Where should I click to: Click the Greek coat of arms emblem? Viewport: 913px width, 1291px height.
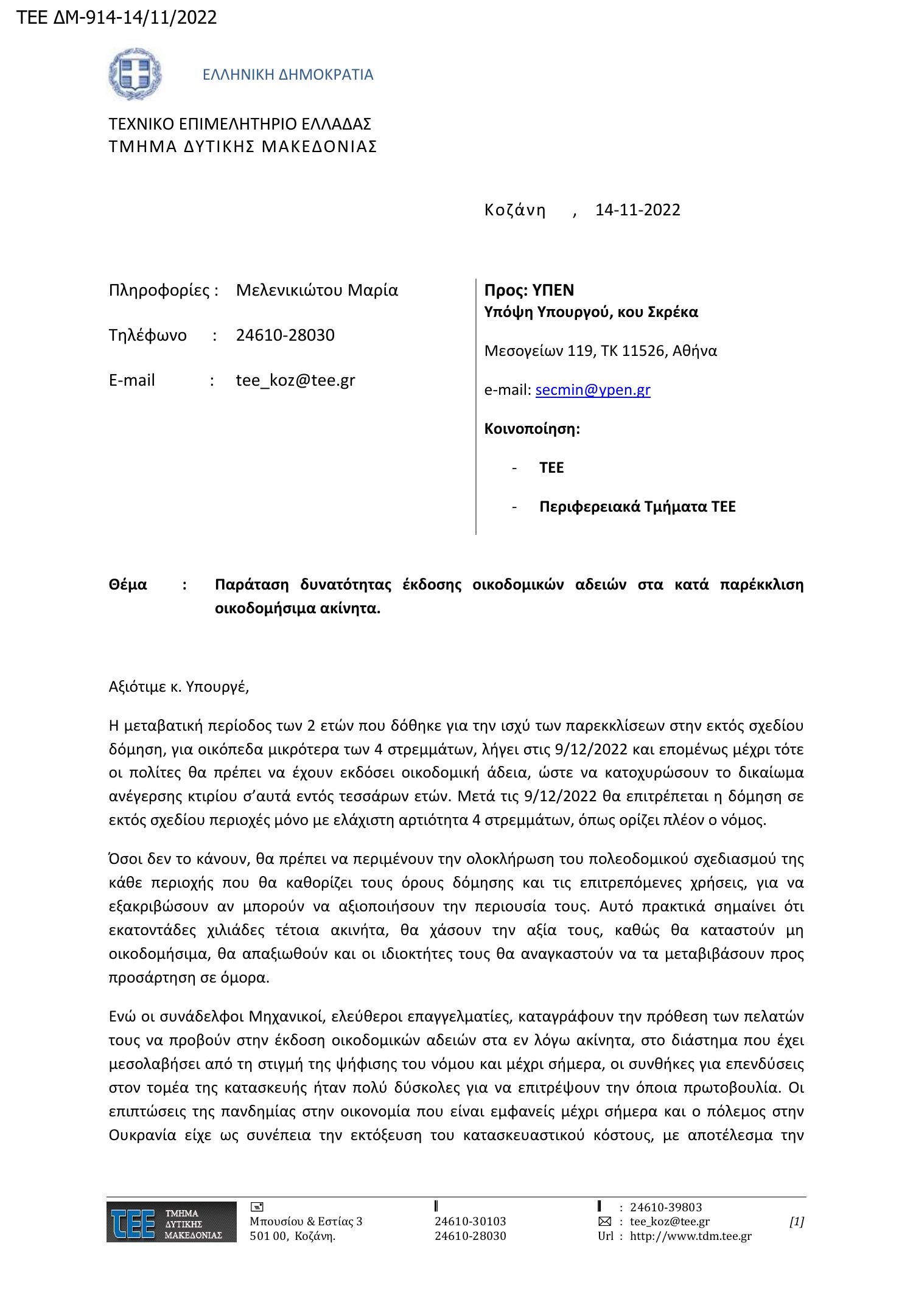pos(135,74)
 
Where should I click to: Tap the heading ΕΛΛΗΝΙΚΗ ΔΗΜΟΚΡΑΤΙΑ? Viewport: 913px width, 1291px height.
pos(288,75)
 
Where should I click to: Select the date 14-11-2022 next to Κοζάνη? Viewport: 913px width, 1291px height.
pos(637,210)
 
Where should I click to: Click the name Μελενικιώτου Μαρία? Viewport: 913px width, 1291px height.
pos(317,290)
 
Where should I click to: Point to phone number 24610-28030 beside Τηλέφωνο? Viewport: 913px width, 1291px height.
pos(285,335)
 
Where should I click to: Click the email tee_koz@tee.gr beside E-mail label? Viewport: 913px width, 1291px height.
pos(295,380)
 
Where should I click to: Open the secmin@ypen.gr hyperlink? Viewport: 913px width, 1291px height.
pos(592,390)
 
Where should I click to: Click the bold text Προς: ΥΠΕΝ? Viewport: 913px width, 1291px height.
pos(529,290)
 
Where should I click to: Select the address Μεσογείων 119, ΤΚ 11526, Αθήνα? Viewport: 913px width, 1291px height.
pos(600,351)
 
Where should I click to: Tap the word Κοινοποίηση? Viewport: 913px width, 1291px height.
pos(532,429)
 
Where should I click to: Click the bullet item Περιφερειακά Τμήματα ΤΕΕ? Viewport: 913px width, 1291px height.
pos(637,507)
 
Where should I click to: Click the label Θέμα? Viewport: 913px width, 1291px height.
pos(128,585)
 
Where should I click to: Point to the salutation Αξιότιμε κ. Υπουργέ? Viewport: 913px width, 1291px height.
pos(179,687)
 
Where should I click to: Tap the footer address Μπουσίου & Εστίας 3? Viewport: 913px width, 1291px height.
pos(306,1221)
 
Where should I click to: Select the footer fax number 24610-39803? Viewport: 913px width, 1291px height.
pos(665,1207)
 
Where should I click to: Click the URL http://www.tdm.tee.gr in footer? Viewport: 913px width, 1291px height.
pos(690,1236)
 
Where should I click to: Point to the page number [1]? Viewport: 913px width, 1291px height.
pos(796,1221)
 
